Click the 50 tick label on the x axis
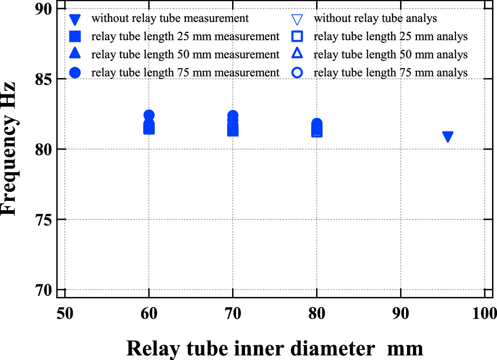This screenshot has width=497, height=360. (65, 314)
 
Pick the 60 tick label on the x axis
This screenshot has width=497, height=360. (149, 314)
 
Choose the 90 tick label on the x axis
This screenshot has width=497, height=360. (401, 314)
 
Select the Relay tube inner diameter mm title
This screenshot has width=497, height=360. (275, 347)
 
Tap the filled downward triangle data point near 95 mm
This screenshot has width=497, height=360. (448, 137)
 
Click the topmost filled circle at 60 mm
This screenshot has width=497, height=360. (149, 115)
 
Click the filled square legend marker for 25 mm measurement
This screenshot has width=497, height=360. (75, 37)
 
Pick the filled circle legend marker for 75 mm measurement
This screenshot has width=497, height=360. (75, 73)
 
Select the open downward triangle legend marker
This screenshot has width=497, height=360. (297, 20)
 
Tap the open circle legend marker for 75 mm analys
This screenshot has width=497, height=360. (297, 73)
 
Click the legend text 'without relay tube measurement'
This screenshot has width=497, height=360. (170, 19)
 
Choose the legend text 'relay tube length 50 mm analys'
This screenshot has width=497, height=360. (391, 55)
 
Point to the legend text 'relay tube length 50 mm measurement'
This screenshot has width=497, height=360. (185, 55)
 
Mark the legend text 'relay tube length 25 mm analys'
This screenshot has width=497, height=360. (391, 37)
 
